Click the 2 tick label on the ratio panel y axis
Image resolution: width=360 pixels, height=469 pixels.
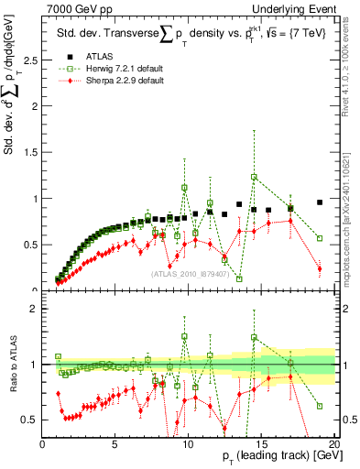[34, 309]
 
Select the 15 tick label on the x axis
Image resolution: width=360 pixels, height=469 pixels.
[261, 444]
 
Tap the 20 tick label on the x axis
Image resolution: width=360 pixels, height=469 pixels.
[333, 444]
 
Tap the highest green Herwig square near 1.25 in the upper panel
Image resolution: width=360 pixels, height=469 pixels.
[254, 177]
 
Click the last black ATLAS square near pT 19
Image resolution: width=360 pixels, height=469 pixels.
[320, 202]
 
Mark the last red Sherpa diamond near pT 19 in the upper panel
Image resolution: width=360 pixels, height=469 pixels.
[320, 268]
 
